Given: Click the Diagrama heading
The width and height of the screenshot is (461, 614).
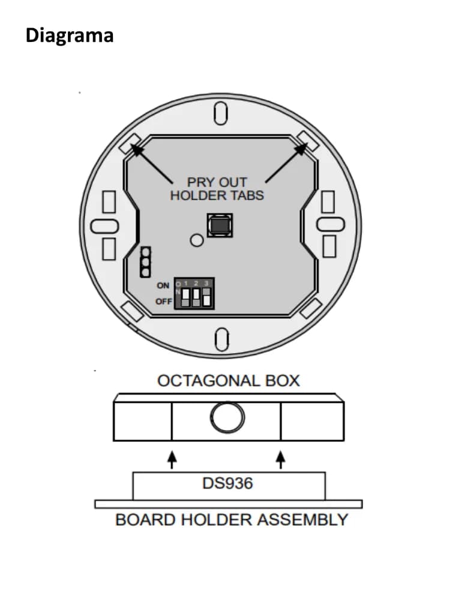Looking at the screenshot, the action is point(70,35).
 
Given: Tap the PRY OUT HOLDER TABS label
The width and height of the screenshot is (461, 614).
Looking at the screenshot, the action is point(217,189).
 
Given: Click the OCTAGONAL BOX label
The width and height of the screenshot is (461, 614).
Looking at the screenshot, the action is point(229,381).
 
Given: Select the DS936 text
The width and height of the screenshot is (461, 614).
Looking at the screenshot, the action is point(227,483).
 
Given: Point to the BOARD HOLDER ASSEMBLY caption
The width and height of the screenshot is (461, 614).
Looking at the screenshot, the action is point(232,520).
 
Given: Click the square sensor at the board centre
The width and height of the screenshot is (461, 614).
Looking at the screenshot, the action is point(220,225).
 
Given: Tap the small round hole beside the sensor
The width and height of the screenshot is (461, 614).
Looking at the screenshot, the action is point(197,240).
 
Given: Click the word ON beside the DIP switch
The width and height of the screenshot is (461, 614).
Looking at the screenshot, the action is point(163,285).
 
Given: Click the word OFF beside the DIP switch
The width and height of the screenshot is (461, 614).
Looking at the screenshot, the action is point(163,302).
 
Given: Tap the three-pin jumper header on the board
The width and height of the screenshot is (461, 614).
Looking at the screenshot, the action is point(145,262).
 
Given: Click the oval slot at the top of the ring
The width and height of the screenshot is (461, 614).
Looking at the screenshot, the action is point(221,113).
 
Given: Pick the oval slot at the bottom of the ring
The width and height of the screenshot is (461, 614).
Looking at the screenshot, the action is point(222,339).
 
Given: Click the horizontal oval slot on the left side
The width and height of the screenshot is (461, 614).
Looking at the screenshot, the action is point(104,226).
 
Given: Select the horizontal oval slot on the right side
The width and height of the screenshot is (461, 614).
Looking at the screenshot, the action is point(331,224).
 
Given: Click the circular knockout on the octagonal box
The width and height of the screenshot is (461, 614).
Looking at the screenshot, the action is point(227,417).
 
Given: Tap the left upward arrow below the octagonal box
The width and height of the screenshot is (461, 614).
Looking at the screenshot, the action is point(172,460).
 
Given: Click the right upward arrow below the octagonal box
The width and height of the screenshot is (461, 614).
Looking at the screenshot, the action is point(280,460).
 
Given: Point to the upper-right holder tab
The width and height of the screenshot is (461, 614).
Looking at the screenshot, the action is point(308,142).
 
